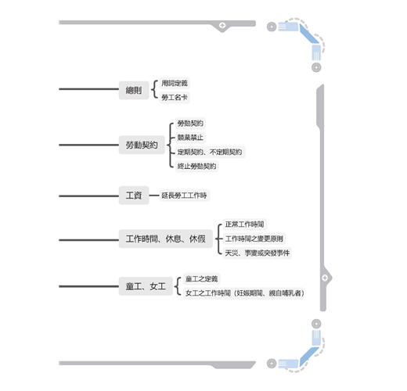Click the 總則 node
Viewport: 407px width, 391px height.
point(134,90)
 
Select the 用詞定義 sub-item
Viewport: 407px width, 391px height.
point(175,83)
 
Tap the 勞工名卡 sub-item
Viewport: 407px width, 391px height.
point(175,98)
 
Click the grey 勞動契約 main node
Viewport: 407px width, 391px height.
point(142,145)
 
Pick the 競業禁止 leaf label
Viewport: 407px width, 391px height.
point(190,138)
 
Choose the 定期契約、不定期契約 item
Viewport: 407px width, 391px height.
point(210,152)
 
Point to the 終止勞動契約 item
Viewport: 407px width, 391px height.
point(196,166)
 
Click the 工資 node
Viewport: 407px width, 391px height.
point(134,195)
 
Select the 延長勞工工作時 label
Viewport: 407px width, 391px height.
point(184,195)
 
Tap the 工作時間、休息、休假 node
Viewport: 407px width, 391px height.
point(166,239)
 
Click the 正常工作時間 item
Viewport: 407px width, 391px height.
point(245,224)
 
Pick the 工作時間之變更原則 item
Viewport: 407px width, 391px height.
point(254,239)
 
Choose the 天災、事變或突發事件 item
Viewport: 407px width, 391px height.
point(258,253)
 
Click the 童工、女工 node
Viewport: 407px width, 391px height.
point(146,286)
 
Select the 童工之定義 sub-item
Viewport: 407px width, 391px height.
point(202,279)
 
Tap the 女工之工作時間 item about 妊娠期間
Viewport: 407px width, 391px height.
point(244,293)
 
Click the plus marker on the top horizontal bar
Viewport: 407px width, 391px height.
point(222,25)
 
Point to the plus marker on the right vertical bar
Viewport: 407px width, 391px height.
point(325,278)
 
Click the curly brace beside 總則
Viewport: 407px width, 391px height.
point(154,90)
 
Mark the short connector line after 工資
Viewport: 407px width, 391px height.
point(154,195)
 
